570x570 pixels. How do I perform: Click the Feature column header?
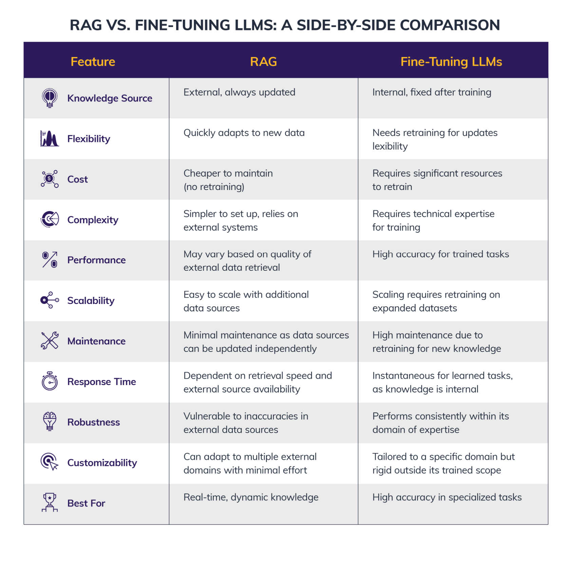[x=93, y=62]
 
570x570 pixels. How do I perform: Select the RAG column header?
[x=263, y=62]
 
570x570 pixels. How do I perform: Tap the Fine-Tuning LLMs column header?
[x=451, y=62]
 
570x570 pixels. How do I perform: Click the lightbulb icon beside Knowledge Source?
[x=50, y=98]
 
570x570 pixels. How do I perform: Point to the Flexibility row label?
[x=89, y=139]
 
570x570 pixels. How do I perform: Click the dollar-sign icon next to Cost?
[x=50, y=179]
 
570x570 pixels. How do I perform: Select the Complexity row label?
[x=93, y=220]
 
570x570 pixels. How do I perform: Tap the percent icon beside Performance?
[x=50, y=260]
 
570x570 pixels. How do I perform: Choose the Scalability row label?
[x=91, y=301]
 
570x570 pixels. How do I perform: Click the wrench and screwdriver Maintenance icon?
[x=50, y=341]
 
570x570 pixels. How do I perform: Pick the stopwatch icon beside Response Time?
[x=50, y=381]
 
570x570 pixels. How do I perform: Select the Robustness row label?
[x=93, y=422]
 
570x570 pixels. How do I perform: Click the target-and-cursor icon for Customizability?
[x=50, y=462]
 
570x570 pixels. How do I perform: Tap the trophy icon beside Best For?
[x=50, y=502]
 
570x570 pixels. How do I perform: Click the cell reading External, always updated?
[x=239, y=92]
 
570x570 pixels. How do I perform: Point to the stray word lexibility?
[x=390, y=146]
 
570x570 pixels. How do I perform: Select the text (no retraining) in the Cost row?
[x=214, y=187]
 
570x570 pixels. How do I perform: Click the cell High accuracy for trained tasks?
[x=440, y=254]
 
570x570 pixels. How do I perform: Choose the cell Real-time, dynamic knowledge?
[x=251, y=497]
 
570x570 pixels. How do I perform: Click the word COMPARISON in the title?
[x=450, y=25]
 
